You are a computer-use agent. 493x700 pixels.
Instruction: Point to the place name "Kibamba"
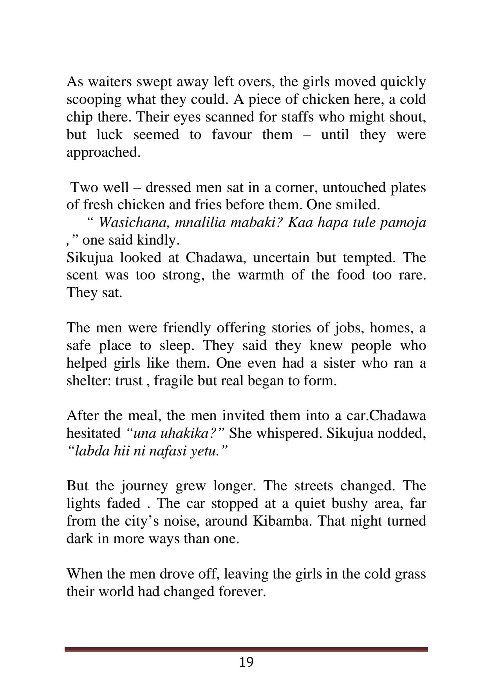point(279,521)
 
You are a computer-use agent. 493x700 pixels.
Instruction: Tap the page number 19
point(246,662)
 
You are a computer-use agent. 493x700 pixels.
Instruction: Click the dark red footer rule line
point(246,649)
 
